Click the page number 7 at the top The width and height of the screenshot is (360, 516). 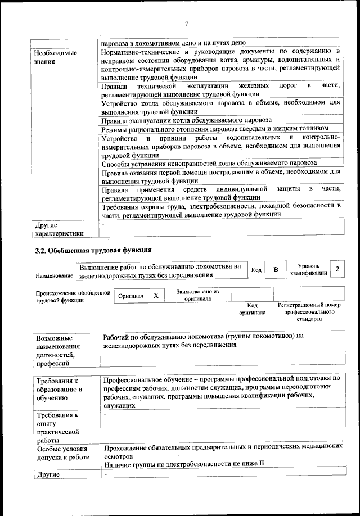186,23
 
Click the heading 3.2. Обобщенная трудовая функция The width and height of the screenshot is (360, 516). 93,250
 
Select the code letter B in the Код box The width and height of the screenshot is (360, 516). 276,270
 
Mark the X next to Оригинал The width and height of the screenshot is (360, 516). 156,295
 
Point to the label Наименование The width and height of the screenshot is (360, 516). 54,277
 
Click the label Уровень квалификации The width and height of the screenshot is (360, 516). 308,269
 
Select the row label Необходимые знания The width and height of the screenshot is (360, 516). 55,57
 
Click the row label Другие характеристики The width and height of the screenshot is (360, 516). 59,229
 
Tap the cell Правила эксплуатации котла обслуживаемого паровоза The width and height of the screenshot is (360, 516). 186,120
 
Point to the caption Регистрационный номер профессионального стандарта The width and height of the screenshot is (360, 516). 309,311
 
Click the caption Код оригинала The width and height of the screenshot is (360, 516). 252,308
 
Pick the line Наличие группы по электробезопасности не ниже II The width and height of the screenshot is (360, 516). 184,463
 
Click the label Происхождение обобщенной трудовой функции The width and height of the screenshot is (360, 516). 73,296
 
